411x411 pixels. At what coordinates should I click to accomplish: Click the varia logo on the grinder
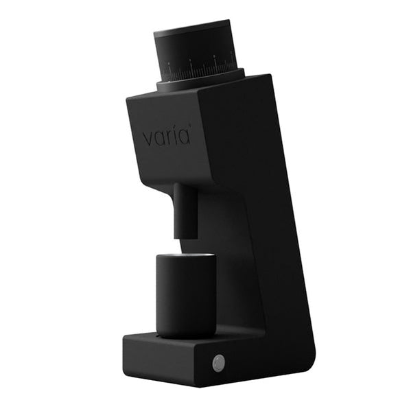pyautogui.click(x=165, y=137)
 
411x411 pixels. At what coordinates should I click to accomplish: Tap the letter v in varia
pyautogui.click(x=148, y=138)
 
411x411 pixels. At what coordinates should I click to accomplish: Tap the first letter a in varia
pyautogui.click(x=158, y=138)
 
